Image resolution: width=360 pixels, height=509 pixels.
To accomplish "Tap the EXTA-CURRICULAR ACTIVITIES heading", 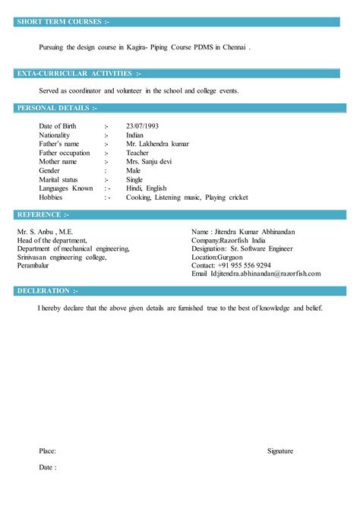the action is (x=79, y=74).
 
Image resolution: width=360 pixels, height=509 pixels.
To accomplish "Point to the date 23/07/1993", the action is (x=143, y=125).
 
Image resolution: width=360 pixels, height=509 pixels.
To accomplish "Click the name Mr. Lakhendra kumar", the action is (x=158, y=144).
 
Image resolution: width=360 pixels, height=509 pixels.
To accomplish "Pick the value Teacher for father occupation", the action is (x=137, y=153).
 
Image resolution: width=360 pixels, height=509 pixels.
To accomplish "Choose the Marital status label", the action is (x=60, y=179).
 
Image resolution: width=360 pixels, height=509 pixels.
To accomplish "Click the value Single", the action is (x=134, y=179).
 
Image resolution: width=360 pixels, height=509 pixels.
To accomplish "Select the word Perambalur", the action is (x=36, y=265).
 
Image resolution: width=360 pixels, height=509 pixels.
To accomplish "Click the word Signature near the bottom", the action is (x=280, y=451).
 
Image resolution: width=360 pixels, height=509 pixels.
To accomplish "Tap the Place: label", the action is (x=47, y=451).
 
